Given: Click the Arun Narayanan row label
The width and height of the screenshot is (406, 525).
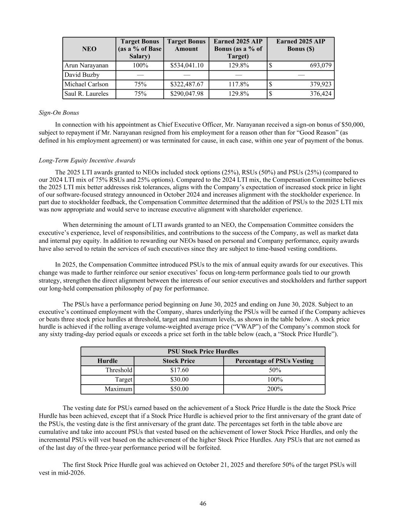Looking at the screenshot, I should click(x=87, y=65).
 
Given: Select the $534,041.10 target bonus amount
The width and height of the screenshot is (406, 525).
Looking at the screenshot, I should click(x=187, y=65).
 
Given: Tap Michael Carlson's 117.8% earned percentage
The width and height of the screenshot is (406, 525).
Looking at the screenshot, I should click(x=238, y=84).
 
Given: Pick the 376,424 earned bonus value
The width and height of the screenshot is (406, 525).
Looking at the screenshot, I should click(x=321, y=94).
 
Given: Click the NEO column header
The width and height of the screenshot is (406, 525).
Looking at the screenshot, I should click(x=89, y=49).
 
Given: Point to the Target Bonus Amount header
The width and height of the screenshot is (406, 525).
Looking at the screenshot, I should click(x=187, y=45).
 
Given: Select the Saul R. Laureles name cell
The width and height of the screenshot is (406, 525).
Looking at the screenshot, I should click(x=87, y=94).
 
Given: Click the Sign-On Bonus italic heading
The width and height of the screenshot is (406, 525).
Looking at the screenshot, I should click(x=59, y=113).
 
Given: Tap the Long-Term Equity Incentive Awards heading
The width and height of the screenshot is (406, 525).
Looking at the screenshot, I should click(x=87, y=160).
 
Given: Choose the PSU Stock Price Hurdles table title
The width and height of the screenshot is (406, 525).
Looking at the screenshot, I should click(x=203, y=352).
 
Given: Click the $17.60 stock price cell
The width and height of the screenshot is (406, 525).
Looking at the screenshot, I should click(x=179, y=370).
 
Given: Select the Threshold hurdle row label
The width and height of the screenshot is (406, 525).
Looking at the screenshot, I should click(x=119, y=370).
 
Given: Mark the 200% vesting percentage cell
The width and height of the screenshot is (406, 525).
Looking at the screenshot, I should click(x=274, y=389).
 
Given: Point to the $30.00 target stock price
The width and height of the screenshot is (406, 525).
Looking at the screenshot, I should click(x=179, y=380).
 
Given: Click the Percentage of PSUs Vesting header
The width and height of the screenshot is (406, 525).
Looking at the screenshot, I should click(x=274, y=361).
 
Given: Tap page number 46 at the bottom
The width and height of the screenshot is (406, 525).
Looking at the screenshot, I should click(x=203, y=504).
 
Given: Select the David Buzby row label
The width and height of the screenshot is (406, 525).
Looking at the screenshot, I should click(x=82, y=75).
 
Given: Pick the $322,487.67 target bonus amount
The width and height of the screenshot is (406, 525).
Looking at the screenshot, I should click(x=187, y=84).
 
